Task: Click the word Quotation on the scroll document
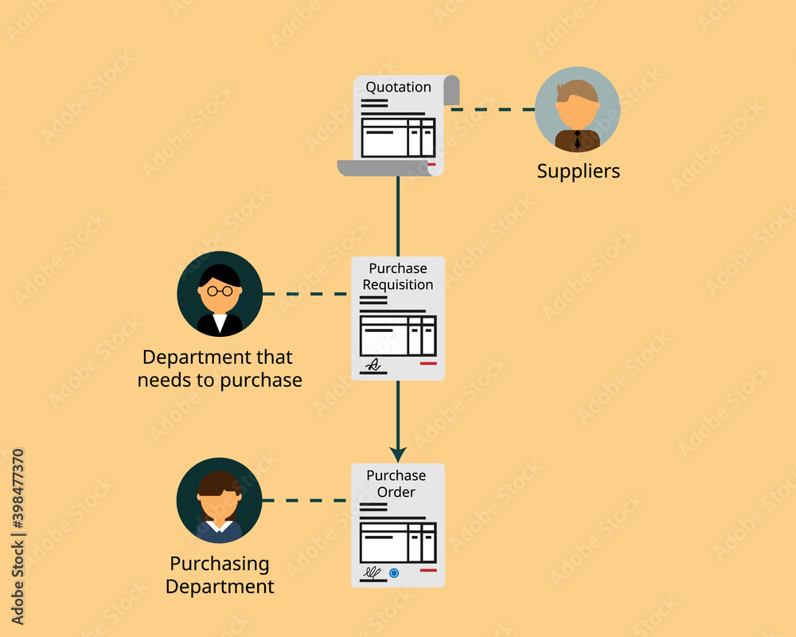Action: (x=398, y=87)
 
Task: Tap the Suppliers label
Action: (x=578, y=170)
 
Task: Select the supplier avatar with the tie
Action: (x=577, y=109)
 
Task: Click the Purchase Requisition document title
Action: (x=398, y=276)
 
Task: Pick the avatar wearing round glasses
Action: (x=220, y=293)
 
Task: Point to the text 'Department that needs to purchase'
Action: (x=220, y=368)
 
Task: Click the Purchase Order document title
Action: (x=396, y=483)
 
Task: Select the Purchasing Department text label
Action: (x=220, y=575)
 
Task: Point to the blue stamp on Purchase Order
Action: (x=394, y=573)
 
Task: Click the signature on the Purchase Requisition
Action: (x=373, y=365)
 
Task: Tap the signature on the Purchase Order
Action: (x=372, y=572)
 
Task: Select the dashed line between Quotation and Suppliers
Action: (x=492, y=109)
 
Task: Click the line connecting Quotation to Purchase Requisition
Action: (x=398, y=215)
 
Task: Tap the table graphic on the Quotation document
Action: (x=398, y=138)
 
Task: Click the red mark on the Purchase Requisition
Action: (x=428, y=363)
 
